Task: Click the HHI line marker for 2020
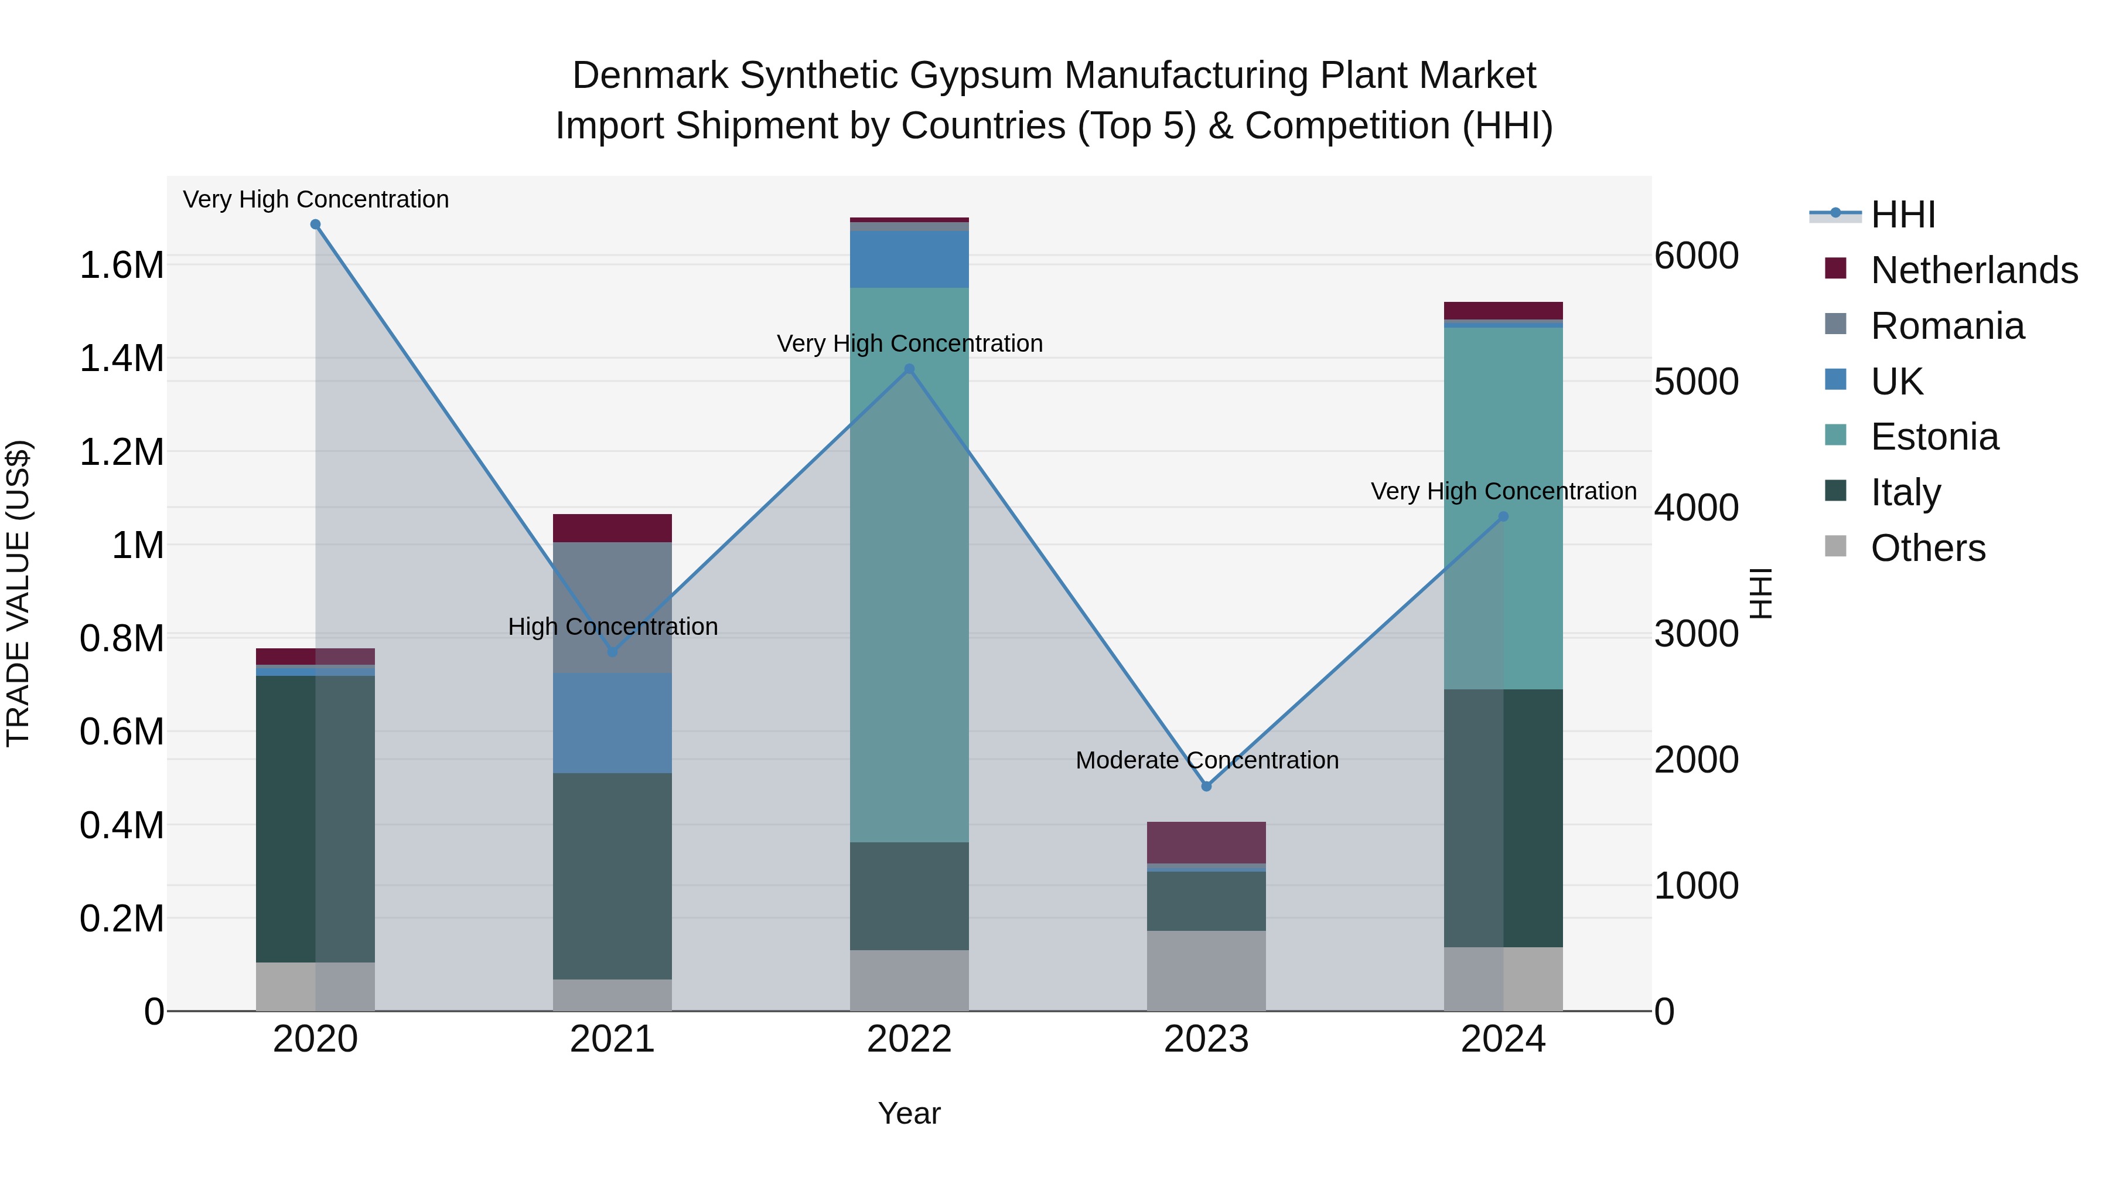[315, 225]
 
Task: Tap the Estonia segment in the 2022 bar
[909, 565]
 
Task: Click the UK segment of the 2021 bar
[612, 723]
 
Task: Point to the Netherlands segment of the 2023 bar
[1206, 842]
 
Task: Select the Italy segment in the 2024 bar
[1503, 818]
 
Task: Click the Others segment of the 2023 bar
[1206, 971]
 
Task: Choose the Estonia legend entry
[1934, 437]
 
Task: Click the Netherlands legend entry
[1973, 270]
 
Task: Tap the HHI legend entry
[1902, 215]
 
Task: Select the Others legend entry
[1927, 548]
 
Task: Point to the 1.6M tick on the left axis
[121, 266]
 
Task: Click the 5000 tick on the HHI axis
[1697, 382]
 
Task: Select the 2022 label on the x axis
[909, 1039]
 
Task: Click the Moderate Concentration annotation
[1207, 760]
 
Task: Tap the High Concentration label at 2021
[612, 627]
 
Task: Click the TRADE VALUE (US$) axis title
[18, 593]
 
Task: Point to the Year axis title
[909, 1113]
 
